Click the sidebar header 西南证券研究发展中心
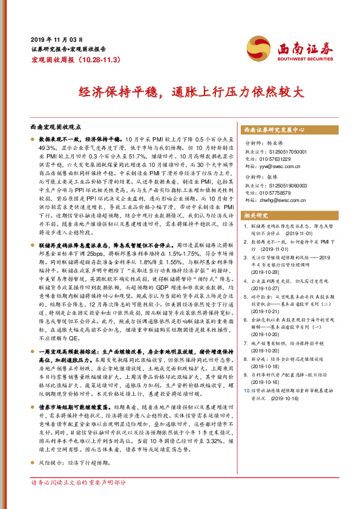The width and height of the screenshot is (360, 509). (273, 129)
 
